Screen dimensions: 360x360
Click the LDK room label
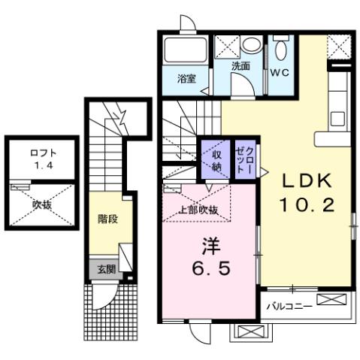coord(306,182)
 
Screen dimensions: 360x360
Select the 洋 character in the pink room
coord(209,245)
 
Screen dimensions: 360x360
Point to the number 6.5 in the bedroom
coord(210,267)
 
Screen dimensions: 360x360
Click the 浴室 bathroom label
coord(187,79)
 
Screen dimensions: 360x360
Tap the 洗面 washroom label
coord(240,66)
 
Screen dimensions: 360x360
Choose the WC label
coord(280,74)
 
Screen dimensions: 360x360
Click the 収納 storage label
coord(214,159)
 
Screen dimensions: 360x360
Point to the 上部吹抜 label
coord(198,210)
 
